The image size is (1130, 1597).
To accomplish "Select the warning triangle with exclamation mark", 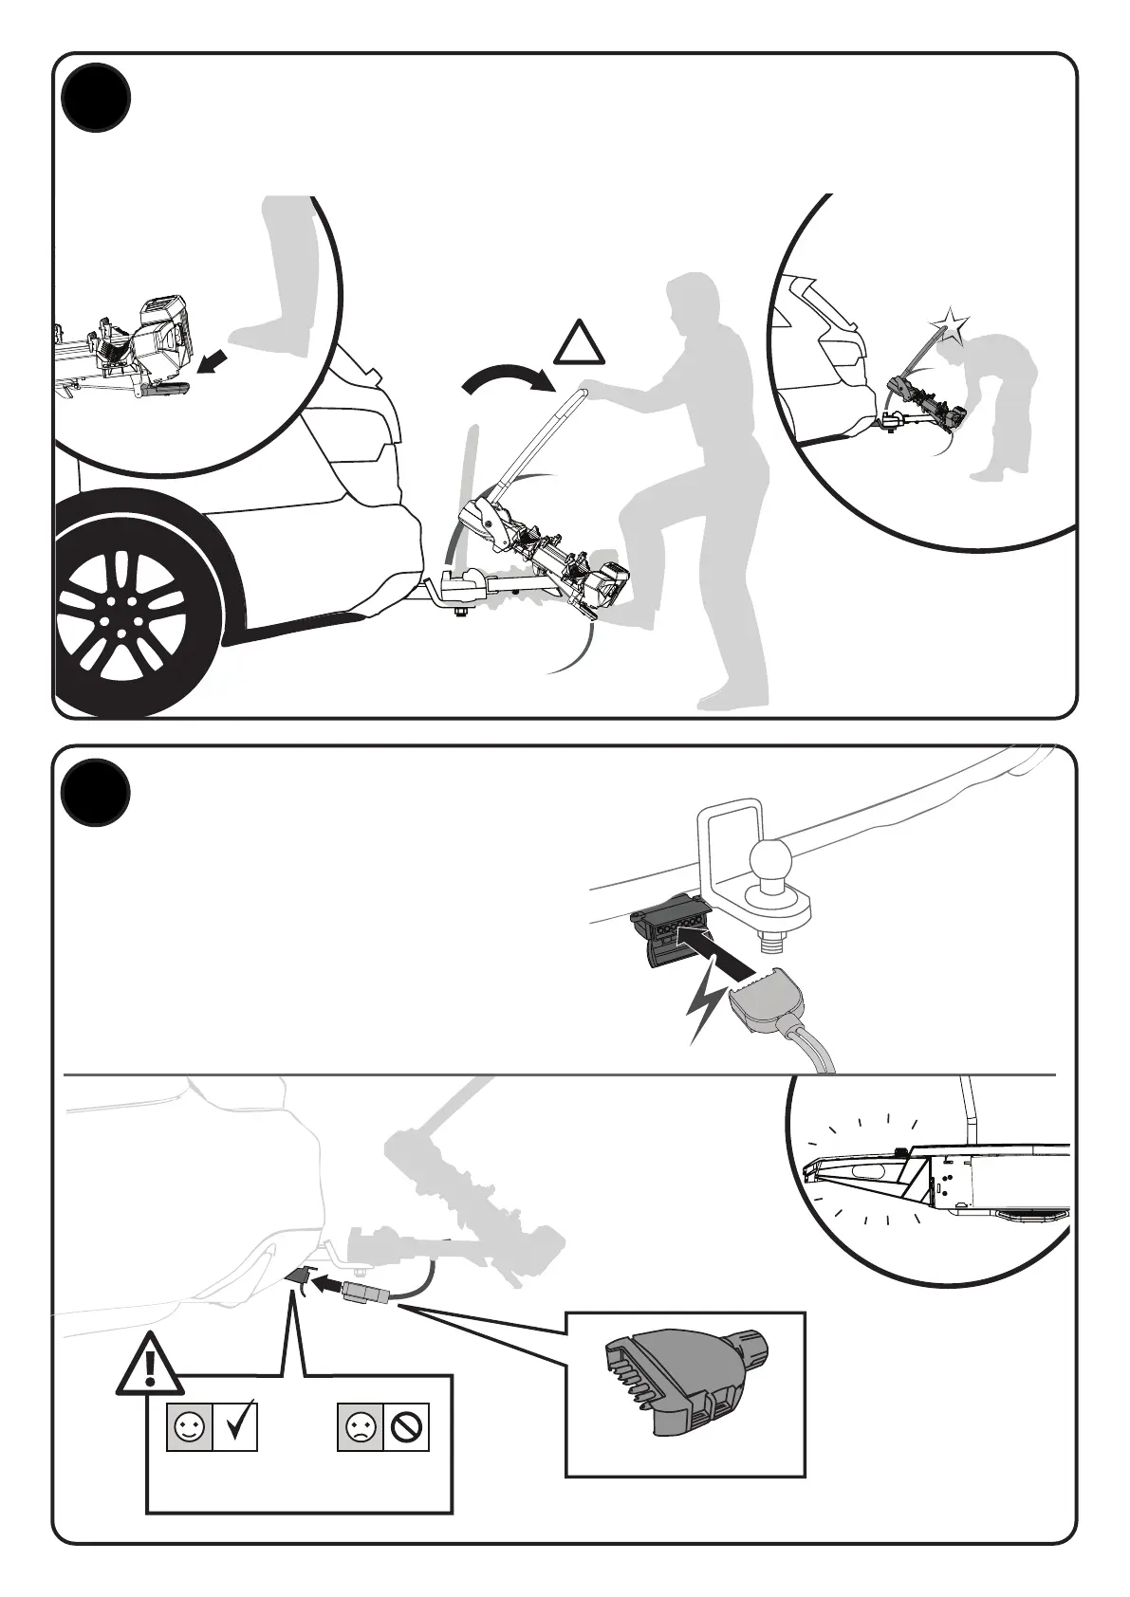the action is pos(150,1365).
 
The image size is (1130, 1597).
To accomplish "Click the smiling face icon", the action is pos(188,1426).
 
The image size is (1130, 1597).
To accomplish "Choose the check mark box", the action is pos(235,1426).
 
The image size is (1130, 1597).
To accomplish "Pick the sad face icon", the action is pos(361,1426).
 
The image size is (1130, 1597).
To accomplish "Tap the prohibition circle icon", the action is pos(407,1426).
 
